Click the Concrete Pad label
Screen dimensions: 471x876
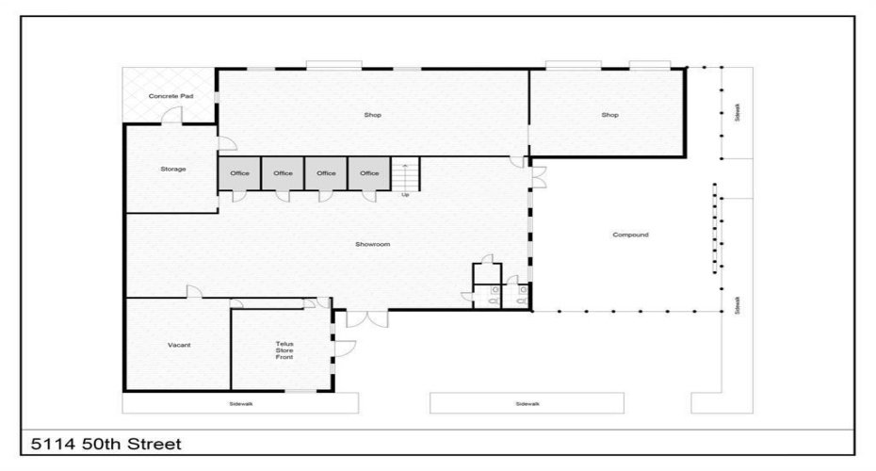point(170,96)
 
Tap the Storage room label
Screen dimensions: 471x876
point(172,170)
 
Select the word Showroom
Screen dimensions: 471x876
point(373,244)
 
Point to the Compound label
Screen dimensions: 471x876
point(630,235)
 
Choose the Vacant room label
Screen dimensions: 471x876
point(179,345)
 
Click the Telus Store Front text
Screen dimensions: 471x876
point(284,350)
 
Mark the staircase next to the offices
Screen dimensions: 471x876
point(404,175)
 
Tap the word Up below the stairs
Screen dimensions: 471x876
point(405,195)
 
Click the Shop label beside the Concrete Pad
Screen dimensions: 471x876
point(373,115)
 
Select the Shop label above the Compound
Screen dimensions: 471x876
point(609,115)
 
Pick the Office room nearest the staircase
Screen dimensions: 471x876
point(369,173)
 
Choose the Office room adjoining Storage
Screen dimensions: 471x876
point(239,173)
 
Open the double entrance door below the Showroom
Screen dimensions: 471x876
point(365,318)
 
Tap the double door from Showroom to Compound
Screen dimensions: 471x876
point(538,176)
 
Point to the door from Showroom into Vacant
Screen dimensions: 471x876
point(194,292)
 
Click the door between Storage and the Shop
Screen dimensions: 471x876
point(226,144)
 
